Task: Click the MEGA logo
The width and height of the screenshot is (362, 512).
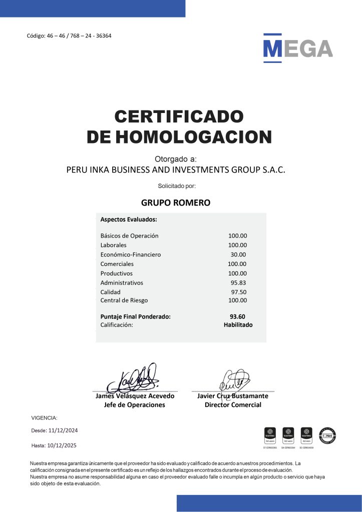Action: coord(298,48)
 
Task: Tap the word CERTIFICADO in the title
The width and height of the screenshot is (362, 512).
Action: coord(179,116)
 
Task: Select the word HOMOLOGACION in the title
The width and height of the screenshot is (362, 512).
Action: coord(194,136)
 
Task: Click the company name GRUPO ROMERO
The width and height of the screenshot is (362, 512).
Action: coord(176,203)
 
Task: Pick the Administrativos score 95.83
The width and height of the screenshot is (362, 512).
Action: coord(239,282)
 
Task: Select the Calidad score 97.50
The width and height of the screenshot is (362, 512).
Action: coord(239,292)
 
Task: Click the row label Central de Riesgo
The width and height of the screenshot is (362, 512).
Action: coord(124,300)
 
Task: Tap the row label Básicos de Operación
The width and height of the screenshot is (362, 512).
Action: coord(129,235)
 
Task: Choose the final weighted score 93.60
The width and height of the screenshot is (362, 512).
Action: coord(238,316)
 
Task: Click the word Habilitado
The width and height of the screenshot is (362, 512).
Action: coord(238,325)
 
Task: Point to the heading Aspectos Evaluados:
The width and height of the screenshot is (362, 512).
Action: coord(129,219)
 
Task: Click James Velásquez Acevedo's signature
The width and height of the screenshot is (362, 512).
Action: coord(134,378)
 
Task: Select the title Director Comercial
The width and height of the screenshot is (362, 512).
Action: coord(233,405)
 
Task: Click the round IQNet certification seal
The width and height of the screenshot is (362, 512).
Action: coord(328,435)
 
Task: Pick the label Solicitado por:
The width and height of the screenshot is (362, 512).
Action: coord(177,186)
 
